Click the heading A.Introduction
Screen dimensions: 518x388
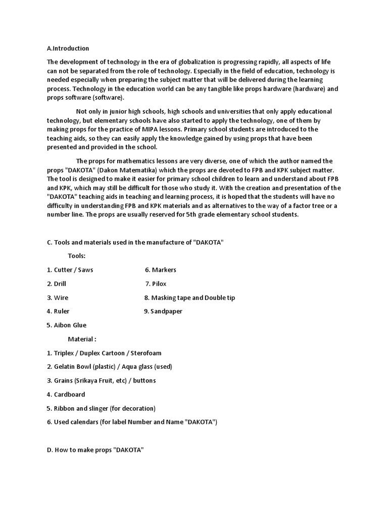coord(68,49)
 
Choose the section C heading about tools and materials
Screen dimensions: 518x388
coord(135,242)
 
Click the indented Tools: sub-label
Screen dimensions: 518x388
coord(77,256)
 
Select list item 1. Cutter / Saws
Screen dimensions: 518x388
coord(70,270)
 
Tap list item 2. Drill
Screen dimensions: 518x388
coord(57,284)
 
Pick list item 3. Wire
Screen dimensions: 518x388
coord(58,297)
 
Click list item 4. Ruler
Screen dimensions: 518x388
coord(58,311)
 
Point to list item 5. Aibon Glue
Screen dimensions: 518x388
coord(67,325)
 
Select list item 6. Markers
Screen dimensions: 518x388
coord(161,270)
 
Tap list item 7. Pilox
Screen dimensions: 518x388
coord(156,284)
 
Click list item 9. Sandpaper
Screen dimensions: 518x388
coord(163,311)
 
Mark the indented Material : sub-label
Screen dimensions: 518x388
coord(82,339)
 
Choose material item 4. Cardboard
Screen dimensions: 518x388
coord(66,394)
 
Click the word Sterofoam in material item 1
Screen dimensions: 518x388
coord(146,353)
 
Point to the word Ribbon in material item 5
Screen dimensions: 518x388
coord(65,408)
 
